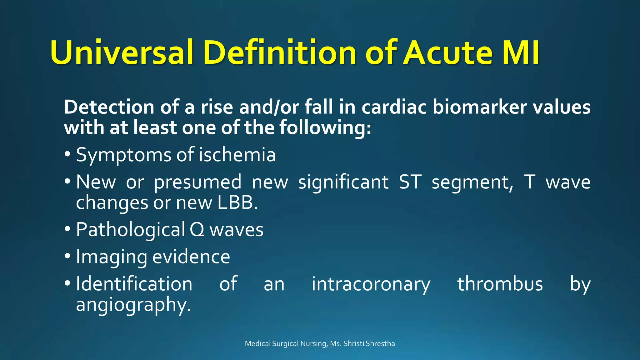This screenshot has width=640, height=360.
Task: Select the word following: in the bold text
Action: coord(325,128)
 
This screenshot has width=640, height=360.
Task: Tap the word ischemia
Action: coord(237,155)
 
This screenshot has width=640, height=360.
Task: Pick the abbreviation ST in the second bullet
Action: coord(410,182)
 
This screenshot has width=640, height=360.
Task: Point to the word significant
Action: coord(343,182)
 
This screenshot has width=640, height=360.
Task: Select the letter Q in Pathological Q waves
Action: coord(197,230)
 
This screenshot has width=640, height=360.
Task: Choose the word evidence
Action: coord(191,257)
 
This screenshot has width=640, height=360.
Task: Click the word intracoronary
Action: coord(371,284)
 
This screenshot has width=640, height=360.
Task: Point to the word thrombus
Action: coord(500,284)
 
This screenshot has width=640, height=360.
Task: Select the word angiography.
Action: coord(133,305)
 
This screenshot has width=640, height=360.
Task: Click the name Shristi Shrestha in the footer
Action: coord(369,344)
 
